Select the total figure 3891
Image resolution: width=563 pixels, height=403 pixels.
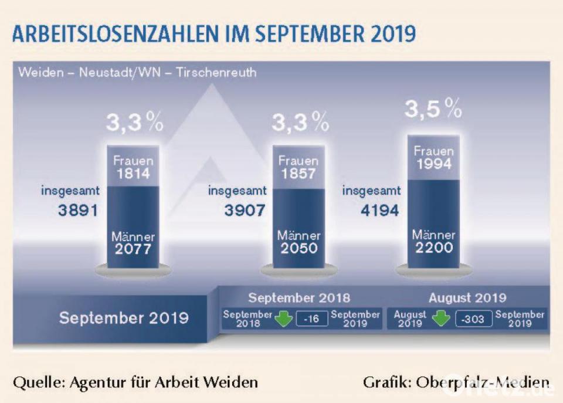[x=77, y=210]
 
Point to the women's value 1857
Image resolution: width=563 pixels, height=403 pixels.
[x=298, y=174]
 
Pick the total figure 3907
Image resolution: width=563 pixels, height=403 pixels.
[x=244, y=210]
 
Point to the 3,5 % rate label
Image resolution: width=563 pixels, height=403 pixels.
[x=433, y=109]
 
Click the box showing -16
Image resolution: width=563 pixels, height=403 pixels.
[x=311, y=319]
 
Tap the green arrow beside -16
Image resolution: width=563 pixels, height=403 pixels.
[x=284, y=320]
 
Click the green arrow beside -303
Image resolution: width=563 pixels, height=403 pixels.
[x=441, y=320]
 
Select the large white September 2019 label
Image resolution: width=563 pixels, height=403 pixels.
[x=124, y=318]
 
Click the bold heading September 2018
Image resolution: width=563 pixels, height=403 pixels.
[x=299, y=298]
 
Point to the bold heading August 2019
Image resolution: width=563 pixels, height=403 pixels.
[x=467, y=298]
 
